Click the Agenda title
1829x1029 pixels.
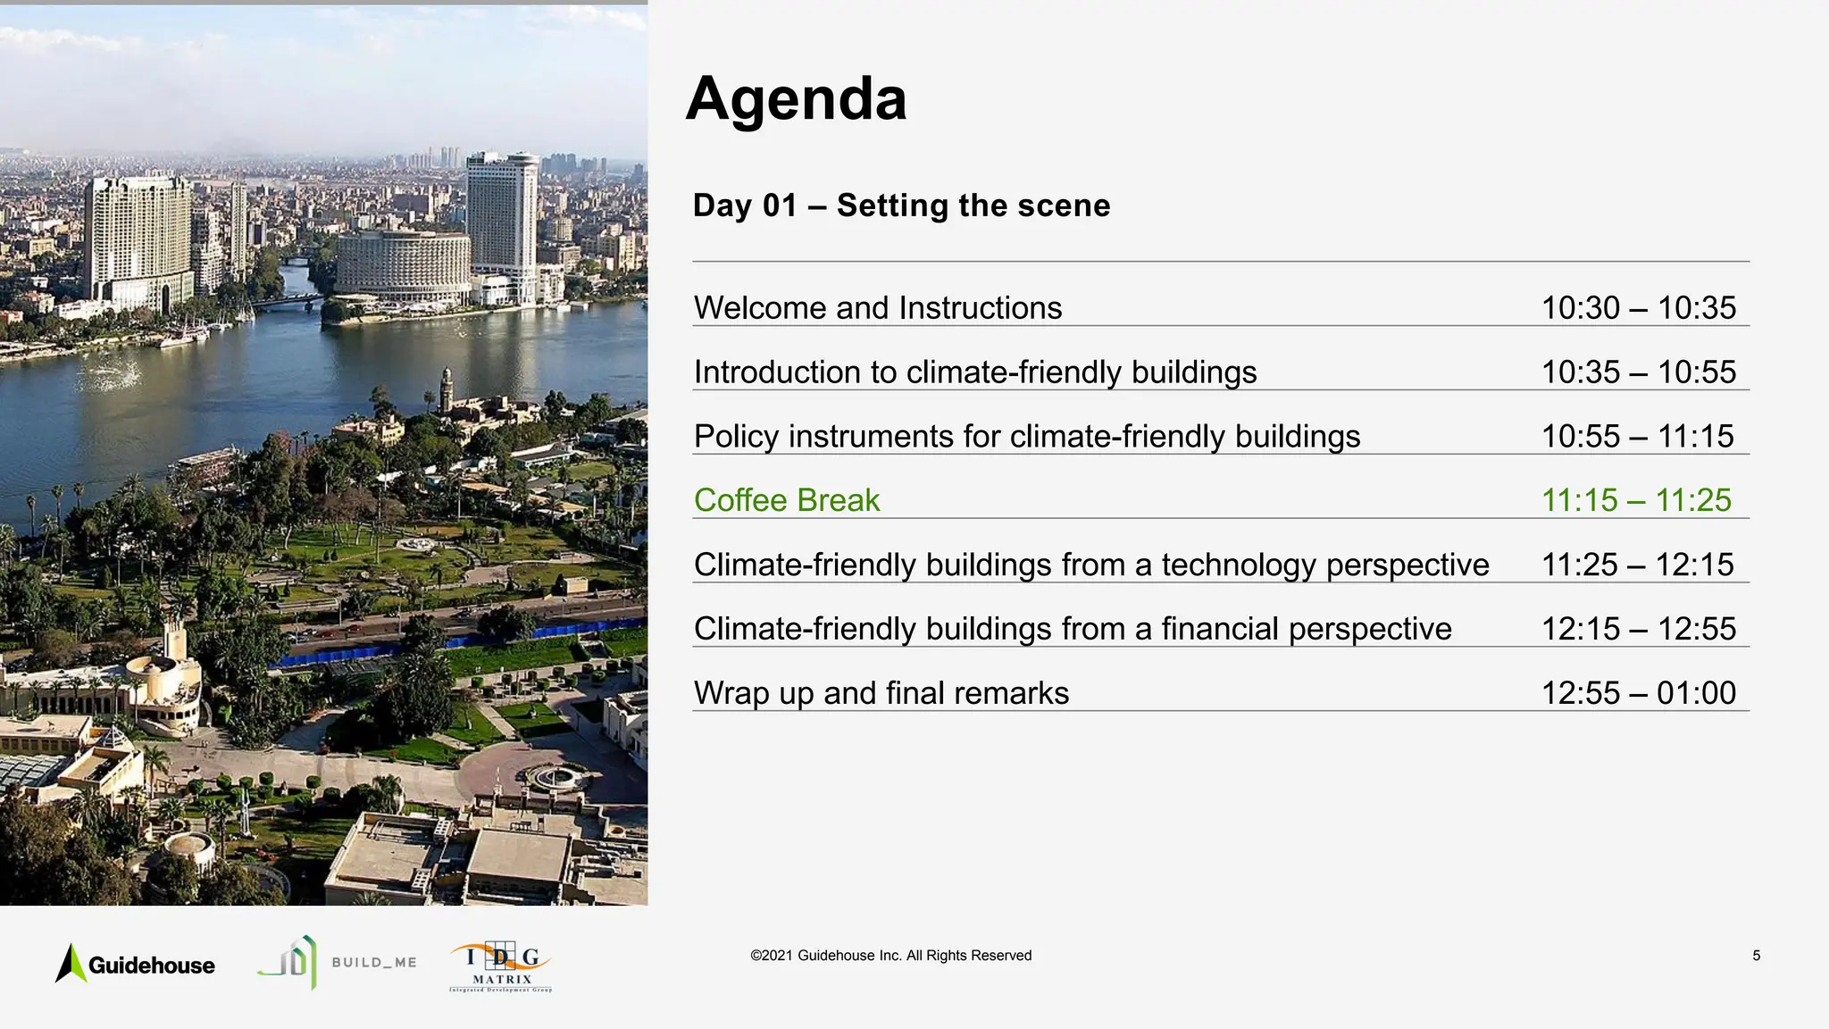tap(796, 99)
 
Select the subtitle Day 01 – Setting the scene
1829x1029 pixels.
tap(901, 205)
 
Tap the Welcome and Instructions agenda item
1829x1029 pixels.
tap(877, 308)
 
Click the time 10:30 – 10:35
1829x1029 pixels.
tap(1638, 308)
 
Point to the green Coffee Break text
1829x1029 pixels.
tap(786, 500)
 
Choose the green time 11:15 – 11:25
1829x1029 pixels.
tap(1636, 500)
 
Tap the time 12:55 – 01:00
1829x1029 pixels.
tap(1638, 693)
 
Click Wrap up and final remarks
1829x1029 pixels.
tap(881, 693)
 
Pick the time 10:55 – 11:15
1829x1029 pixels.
tap(1637, 437)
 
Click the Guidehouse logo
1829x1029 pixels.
tap(136, 964)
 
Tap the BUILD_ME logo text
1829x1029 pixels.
tap(373, 963)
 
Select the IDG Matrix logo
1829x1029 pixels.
tap(501, 967)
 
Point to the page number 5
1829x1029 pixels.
tap(1756, 956)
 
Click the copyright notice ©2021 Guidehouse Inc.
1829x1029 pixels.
tap(890, 956)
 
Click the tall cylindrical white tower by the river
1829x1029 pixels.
tap(502, 214)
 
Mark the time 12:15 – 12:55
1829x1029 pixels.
tap(1638, 630)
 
